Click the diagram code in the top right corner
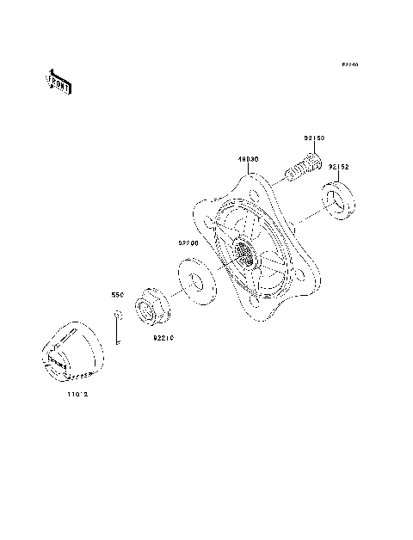click(348, 64)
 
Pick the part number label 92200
click(189, 243)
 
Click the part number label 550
click(118, 294)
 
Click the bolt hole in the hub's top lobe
click(252, 181)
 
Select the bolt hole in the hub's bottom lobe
click(256, 302)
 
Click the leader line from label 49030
click(251, 170)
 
